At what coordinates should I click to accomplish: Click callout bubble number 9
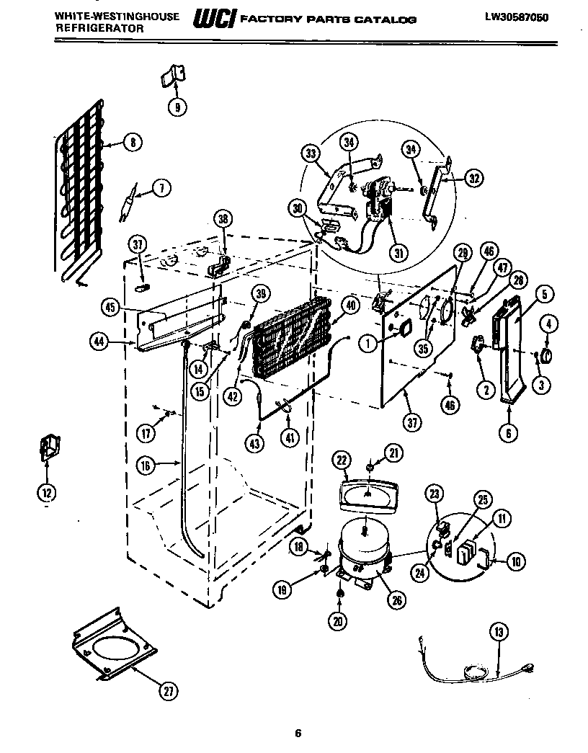177,107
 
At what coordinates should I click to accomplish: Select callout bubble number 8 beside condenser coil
133,142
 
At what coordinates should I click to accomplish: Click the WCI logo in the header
213,21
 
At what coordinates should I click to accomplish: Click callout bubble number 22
342,460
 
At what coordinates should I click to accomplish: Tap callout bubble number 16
146,465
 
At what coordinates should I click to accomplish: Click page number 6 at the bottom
297,734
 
